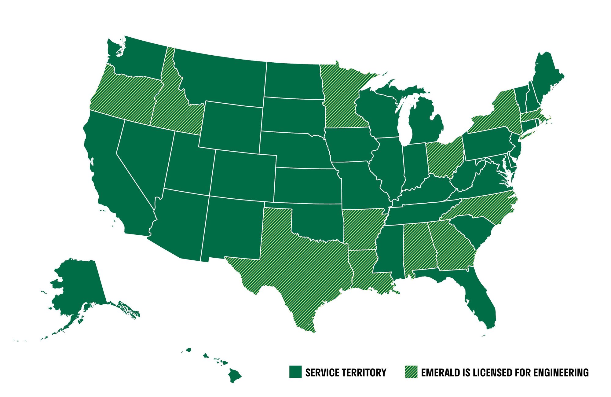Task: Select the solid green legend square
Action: coord(295,372)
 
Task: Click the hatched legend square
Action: coord(411,372)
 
